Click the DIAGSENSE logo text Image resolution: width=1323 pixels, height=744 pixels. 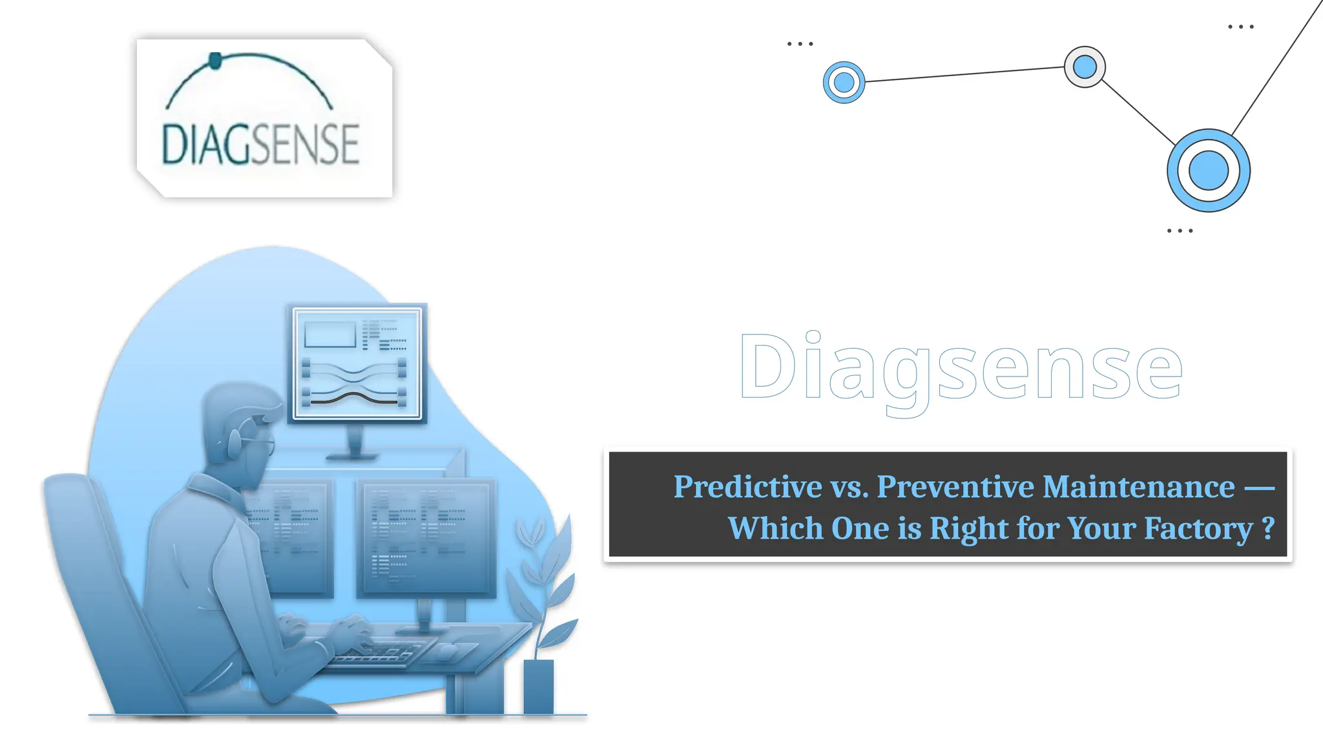(x=260, y=144)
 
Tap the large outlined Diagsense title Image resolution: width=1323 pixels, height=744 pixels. (x=961, y=368)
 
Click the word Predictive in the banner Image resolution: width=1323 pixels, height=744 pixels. (x=747, y=487)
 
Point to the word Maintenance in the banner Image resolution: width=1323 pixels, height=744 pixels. (x=1138, y=487)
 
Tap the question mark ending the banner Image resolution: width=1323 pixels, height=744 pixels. (x=1268, y=528)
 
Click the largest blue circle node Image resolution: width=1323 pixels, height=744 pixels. (x=1208, y=170)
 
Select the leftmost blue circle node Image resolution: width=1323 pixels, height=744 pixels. (x=844, y=82)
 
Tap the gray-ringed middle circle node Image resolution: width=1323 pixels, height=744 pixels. (x=1085, y=67)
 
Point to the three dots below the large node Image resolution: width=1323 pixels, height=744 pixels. (x=1180, y=231)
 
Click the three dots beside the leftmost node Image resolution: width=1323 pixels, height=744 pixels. (x=800, y=44)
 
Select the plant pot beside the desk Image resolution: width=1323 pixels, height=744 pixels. (x=538, y=686)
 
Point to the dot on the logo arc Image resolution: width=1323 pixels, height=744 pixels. (x=216, y=61)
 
